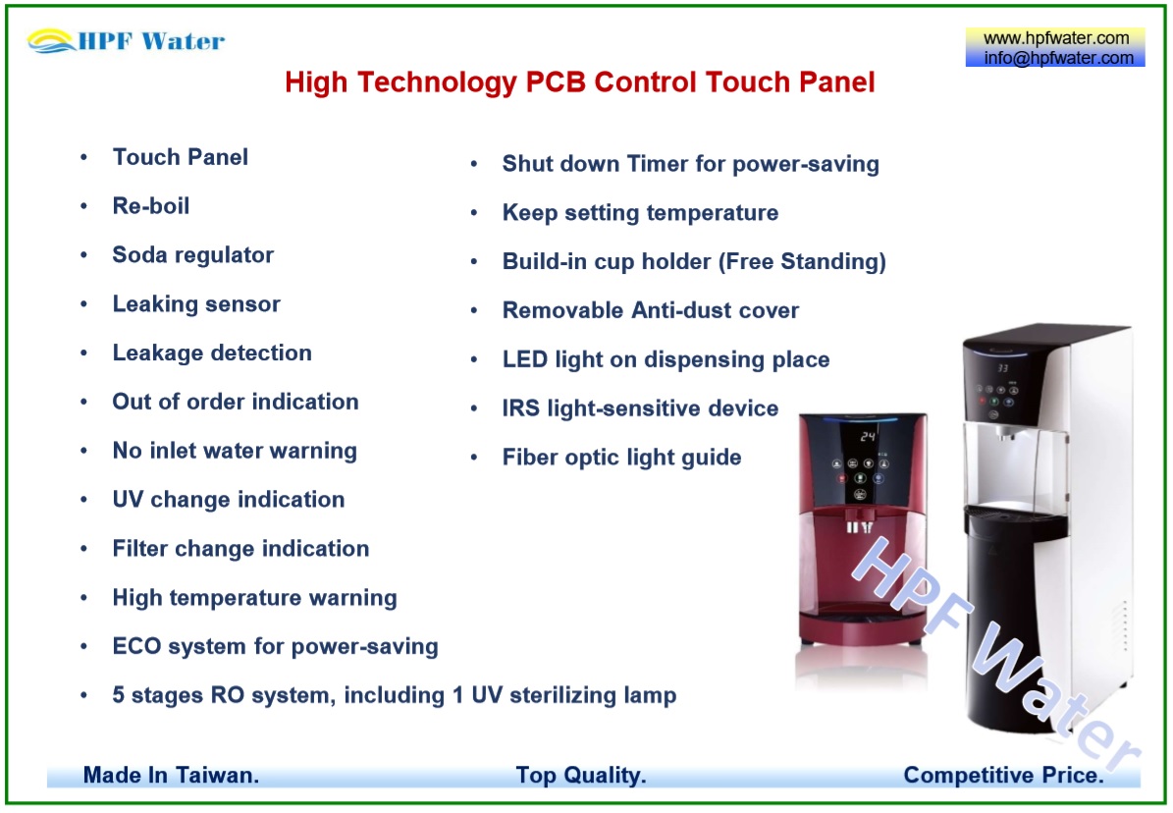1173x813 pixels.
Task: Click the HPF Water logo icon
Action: click(x=51, y=41)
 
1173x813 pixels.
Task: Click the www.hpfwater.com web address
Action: click(x=1055, y=38)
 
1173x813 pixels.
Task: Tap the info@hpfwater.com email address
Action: click(x=1058, y=58)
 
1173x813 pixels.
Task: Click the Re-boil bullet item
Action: click(x=151, y=206)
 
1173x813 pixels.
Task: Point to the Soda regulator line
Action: click(x=193, y=255)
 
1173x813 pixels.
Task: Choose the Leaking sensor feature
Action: click(x=196, y=304)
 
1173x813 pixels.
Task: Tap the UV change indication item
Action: click(x=229, y=500)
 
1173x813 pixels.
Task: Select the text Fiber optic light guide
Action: click(x=621, y=458)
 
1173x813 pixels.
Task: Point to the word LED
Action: click(x=525, y=359)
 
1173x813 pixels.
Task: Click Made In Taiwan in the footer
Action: click(x=172, y=775)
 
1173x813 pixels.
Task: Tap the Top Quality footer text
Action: click(x=580, y=775)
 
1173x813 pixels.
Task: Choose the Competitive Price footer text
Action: click(x=1003, y=775)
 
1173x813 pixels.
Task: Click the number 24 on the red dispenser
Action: click(x=867, y=436)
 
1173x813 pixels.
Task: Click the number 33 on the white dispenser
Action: click(x=1002, y=368)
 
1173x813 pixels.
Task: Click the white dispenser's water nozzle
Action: click(x=1006, y=432)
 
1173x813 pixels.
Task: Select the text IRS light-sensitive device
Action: click(x=640, y=408)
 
